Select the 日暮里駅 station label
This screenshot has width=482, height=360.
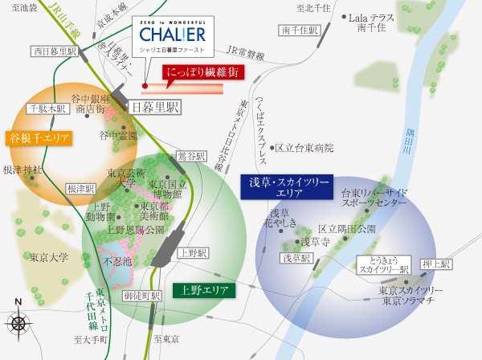[x=155, y=106]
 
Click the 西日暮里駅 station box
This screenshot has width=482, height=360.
[x=55, y=51]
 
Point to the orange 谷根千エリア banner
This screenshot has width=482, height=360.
[x=39, y=138]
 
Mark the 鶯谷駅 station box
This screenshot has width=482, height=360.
[x=192, y=155]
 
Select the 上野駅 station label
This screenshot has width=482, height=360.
[x=193, y=252]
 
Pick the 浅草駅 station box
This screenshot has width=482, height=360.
[x=296, y=259]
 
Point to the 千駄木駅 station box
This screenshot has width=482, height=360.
[x=44, y=108]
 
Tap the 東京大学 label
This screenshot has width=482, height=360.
[x=49, y=258]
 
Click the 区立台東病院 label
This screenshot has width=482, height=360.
[x=303, y=148]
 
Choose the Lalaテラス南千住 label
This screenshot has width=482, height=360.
[x=375, y=22]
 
